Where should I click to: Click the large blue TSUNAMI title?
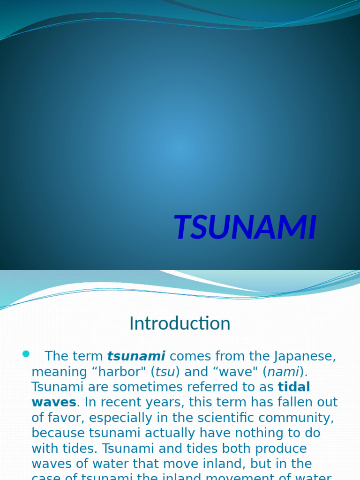[245, 228]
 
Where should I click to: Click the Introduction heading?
[180, 323]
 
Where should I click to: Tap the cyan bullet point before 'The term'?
[26, 353]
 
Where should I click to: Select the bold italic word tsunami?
[136, 356]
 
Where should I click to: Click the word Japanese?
[305, 356]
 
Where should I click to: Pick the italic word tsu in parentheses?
[165, 372]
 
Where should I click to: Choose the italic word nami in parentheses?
[283, 372]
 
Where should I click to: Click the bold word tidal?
[294, 387]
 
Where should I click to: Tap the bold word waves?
[53, 402]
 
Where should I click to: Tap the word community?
[300, 418]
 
